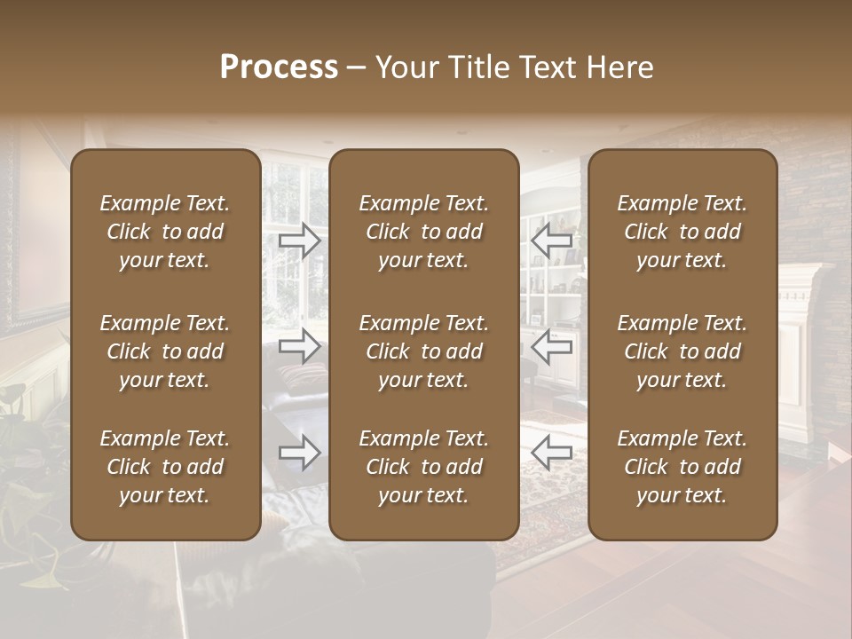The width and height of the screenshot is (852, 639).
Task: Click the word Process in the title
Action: pyautogui.click(x=279, y=67)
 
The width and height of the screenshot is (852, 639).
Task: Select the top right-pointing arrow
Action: pyautogui.click(x=300, y=240)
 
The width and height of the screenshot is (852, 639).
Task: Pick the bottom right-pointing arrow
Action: pyautogui.click(x=300, y=453)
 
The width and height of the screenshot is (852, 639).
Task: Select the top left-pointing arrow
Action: pyautogui.click(x=552, y=240)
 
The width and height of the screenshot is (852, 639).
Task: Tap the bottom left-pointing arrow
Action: pyautogui.click(x=552, y=453)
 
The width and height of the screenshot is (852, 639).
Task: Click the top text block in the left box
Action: pyautogui.click(x=165, y=232)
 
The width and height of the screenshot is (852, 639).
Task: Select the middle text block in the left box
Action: pyautogui.click(x=165, y=351)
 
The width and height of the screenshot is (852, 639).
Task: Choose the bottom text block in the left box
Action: pyautogui.click(x=165, y=467)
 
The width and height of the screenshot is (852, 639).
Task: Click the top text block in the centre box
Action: pyautogui.click(x=423, y=232)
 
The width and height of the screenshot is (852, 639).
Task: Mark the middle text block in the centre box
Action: pyautogui.click(x=423, y=351)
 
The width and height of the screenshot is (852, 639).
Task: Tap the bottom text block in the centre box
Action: pyautogui.click(x=423, y=467)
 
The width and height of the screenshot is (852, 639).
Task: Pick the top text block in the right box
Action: pyautogui.click(x=682, y=232)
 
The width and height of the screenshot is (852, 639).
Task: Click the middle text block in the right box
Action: pyautogui.click(x=682, y=351)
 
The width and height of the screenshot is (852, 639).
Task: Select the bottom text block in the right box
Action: pyautogui.click(x=682, y=467)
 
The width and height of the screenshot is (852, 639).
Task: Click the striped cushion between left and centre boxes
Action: pyautogui.click(x=302, y=377)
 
